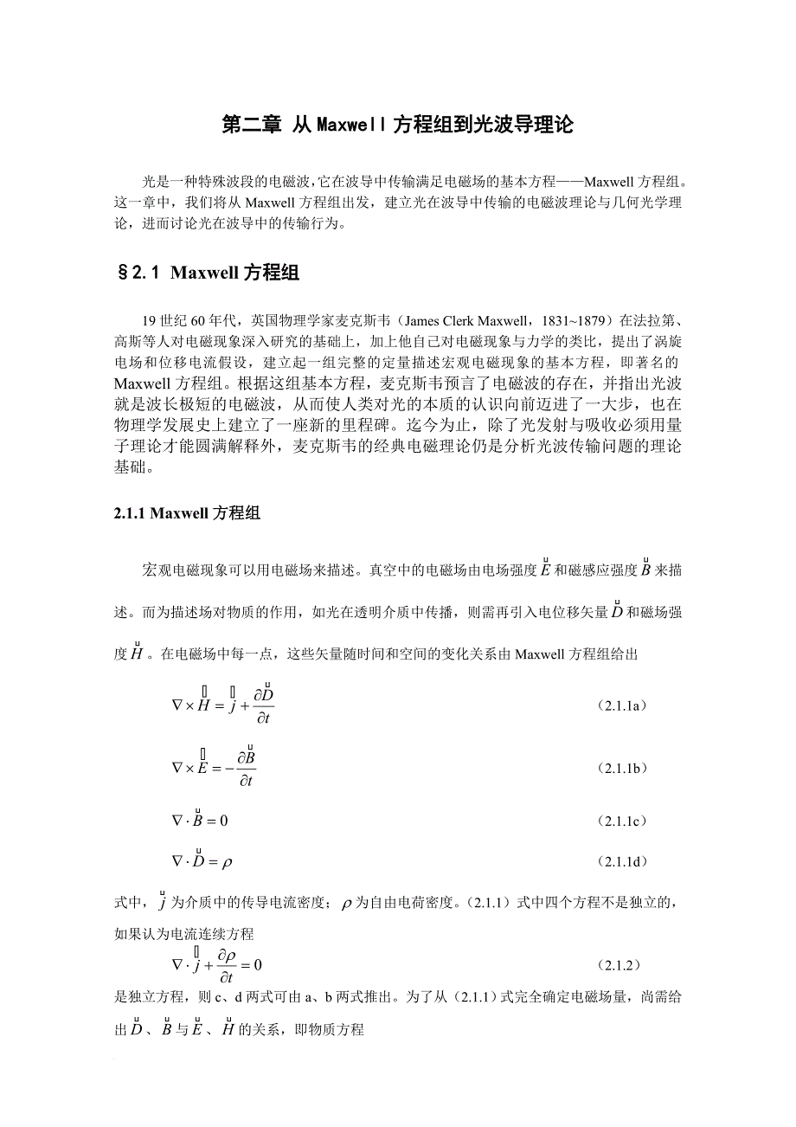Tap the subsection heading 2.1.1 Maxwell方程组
coord(187,512)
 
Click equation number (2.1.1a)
coord(622,705)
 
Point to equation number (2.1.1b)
coord(622,769)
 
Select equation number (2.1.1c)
coord(622,820)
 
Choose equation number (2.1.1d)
coord(622,861)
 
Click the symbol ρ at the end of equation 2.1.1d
coord(228,862)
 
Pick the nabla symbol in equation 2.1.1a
coord(177,705)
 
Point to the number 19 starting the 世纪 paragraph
coord(150,318)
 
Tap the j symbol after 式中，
coord(161,904)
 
